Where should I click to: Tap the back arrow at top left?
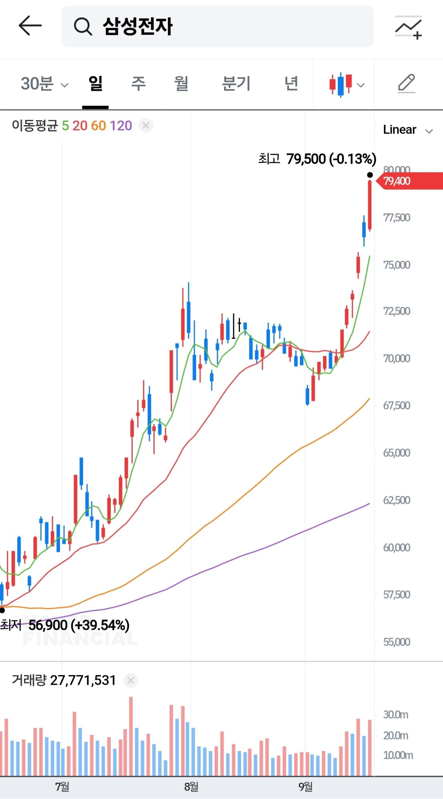click(x=30, y=26)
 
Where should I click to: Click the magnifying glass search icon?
click(x=83, y=27)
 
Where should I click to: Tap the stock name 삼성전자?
click(x=138, y=27)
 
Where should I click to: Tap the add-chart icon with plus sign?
click(x=408, y=28)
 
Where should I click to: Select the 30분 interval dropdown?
click(x=44, y=84)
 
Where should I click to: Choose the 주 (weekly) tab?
click(x=138, y=84)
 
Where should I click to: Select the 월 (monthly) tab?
click(x=181, y=84)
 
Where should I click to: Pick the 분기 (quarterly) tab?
click(x=236, y=84)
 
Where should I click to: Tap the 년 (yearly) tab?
click(x=291, y=84)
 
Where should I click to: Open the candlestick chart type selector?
click(x=346, y=85)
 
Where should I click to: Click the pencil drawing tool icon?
click(x=407, y=84)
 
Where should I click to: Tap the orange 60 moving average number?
click(x=98, y=126)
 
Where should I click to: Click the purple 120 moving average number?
click(x=121, y=126)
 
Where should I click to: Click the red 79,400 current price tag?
click(x=408, y=181)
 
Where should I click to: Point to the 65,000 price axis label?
click(x=397, y=453)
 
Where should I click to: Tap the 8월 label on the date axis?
click(x=191, y=787)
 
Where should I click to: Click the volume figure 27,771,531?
click(x=83, y=680)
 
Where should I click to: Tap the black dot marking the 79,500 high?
click(x=370, y=175)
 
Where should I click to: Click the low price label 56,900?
click(x=48, y=625)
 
